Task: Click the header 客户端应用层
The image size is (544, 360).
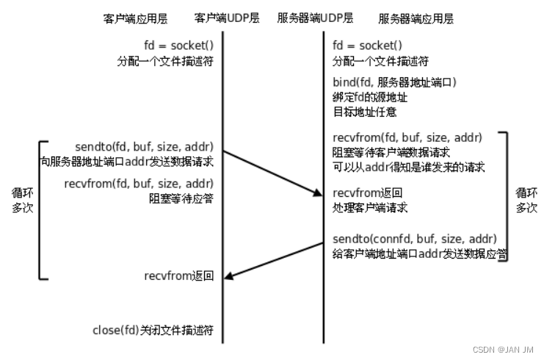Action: (x=132, y=17)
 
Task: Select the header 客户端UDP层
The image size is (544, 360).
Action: (x=224, y=17)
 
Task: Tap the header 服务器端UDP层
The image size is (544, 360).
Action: (x=315, y=17)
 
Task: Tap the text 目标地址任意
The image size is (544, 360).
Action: (x=363, y=112)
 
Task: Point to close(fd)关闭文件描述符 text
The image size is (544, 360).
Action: (x=153, y=330)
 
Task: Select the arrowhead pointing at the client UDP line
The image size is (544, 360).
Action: (x=228, y=276)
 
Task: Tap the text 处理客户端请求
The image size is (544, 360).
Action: (x=369, y=207)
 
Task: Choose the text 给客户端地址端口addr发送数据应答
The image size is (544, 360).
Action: (x=420, y=254)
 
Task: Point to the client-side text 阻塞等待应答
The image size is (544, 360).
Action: (x=176, y=196)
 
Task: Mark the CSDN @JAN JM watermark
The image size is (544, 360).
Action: (x=503, y=349)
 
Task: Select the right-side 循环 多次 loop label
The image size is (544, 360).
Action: (x=526, y=201)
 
